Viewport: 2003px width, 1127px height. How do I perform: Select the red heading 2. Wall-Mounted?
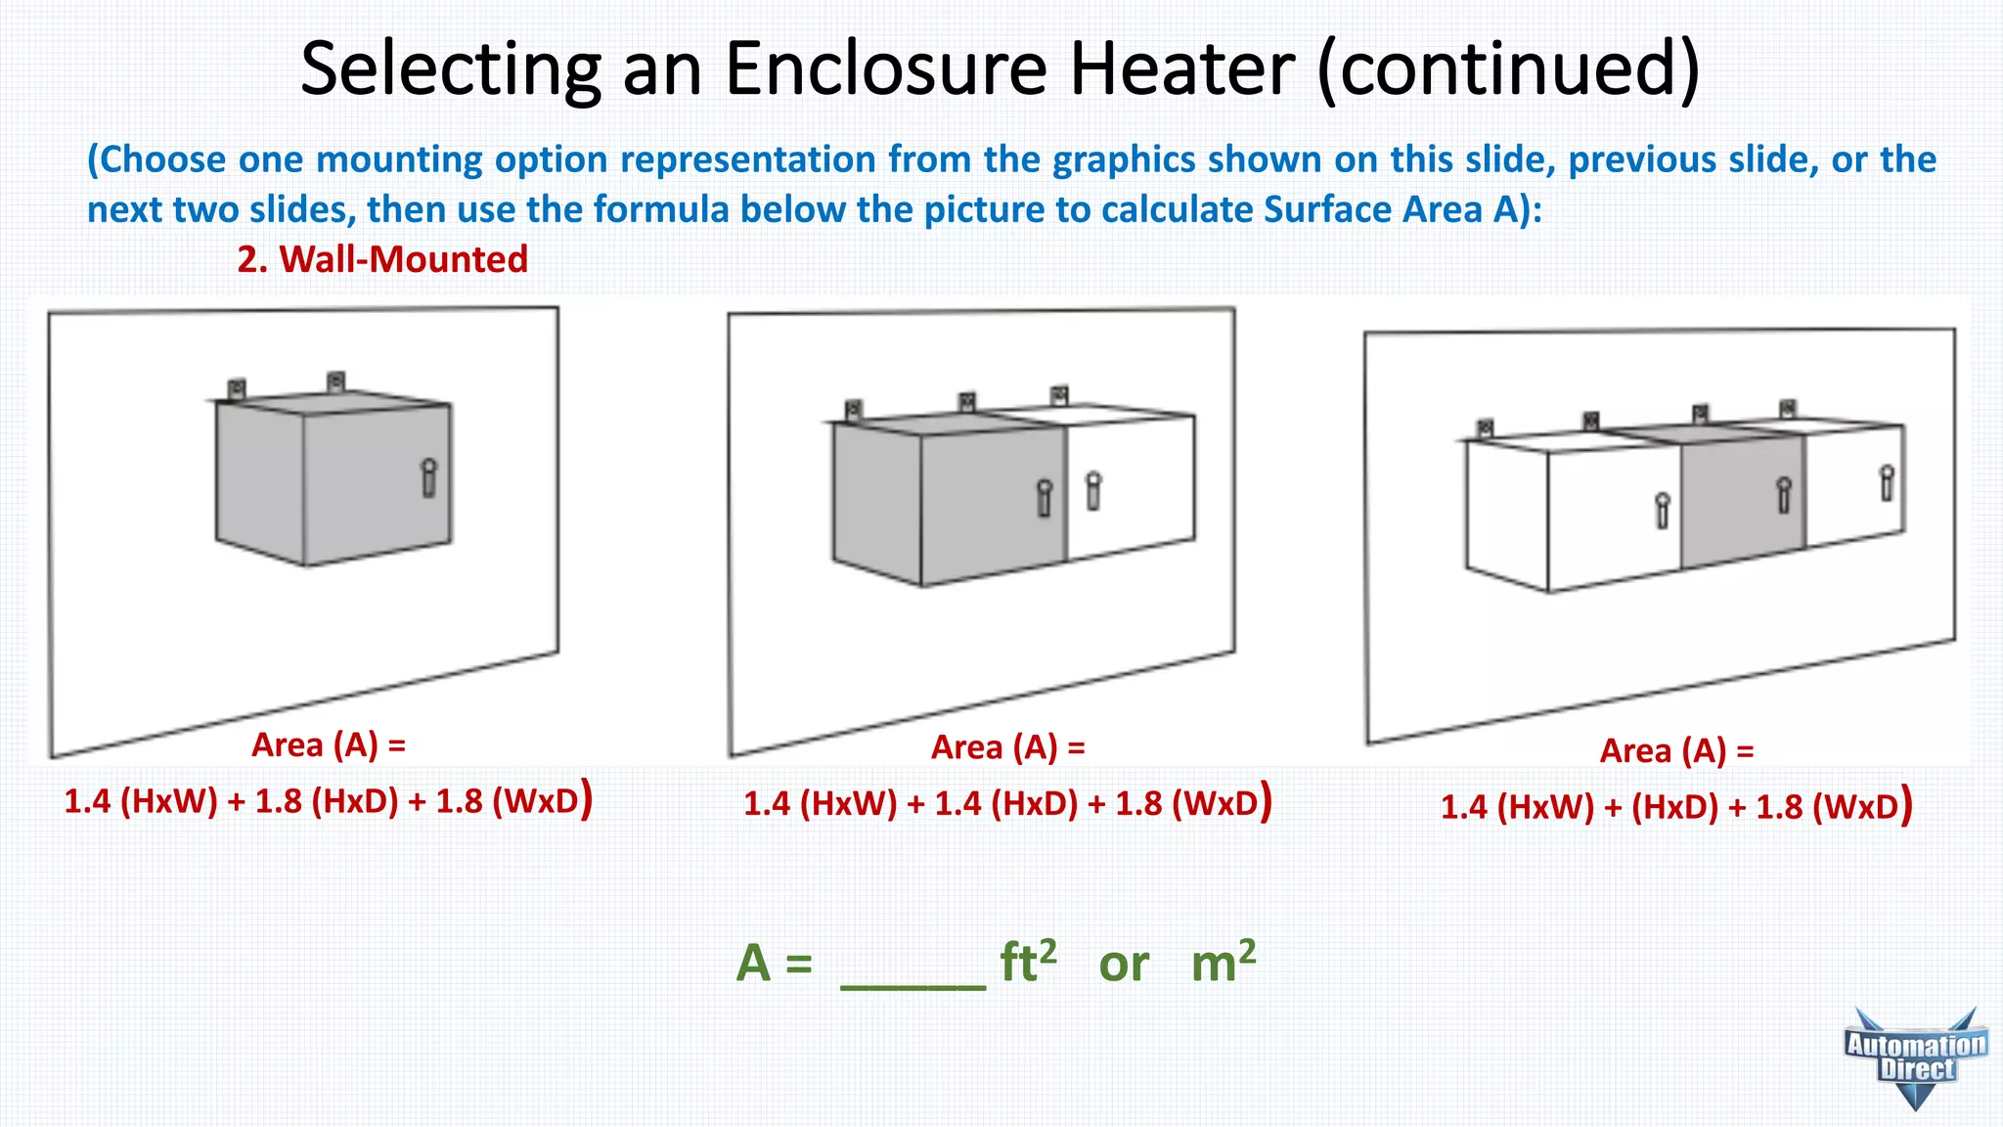click(x=382, y=259)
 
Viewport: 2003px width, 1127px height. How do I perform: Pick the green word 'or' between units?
click(x=1123, y=966)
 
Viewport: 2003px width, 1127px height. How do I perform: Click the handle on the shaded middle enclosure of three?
click(x=1784, y=495)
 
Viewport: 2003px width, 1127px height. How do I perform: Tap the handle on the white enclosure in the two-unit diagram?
click(x=1093, y=491)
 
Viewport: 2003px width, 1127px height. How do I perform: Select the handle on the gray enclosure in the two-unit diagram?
click(x=1045, y=498)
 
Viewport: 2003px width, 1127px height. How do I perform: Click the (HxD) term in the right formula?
click(x=1674, y=807)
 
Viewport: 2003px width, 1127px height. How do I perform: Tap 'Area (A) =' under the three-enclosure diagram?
click(x=1676, y=751)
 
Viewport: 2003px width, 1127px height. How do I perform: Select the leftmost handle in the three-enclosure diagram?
click(x=1662, y=510)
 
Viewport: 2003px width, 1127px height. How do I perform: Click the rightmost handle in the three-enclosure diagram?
click(x=1887, y=483)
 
